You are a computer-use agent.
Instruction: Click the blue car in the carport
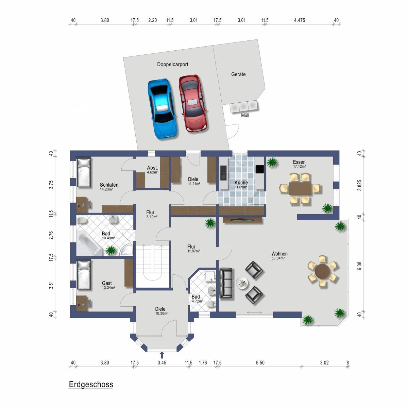(163, 109)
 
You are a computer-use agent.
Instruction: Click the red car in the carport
(193, 104)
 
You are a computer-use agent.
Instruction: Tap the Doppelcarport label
(173, 64)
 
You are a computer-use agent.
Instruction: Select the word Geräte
(238, 74)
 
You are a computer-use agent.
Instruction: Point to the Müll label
(245, 115)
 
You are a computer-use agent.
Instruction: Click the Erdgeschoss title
(91, 384)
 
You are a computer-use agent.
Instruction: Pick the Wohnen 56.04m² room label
(279, 255)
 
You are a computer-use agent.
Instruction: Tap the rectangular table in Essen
(300, 188)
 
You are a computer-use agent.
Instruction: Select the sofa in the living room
(226, 283)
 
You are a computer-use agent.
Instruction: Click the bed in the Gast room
(84, 275)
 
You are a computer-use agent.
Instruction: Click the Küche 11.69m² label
(241, 184)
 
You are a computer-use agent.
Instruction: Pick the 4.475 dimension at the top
(300, 20)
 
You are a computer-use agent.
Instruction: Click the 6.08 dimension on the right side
(359, 266)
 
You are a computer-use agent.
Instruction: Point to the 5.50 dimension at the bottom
(260, 363)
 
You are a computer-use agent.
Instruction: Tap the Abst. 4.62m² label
(153, 170)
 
